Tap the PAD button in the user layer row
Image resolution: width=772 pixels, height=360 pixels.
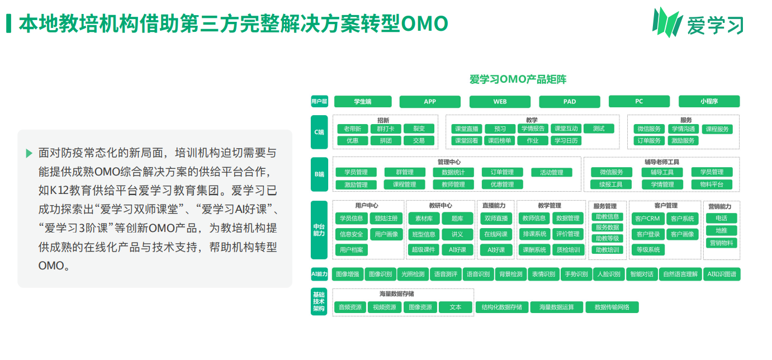[569, 102]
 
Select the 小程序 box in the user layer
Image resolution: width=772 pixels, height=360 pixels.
[708, 102]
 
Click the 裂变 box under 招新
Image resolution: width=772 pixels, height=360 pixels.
[419, 129]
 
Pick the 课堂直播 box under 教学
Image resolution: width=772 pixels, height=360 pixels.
[466, 129]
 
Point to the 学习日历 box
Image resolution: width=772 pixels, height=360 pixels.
[566, 141]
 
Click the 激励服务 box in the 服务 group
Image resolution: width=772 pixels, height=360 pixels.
[683, 141]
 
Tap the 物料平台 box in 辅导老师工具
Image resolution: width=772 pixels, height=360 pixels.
[711, 184]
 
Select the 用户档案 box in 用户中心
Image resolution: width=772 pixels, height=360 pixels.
[351, 250]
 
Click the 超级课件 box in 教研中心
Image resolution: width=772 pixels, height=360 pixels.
[423, 250]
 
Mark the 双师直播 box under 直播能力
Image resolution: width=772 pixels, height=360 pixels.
[496, 219]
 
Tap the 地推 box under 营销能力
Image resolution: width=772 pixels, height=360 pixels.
[721, 230]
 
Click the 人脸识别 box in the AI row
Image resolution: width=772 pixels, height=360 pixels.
[609, 274]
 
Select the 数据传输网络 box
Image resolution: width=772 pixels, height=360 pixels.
[612, 307]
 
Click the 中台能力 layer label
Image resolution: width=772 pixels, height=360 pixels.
[319, 230]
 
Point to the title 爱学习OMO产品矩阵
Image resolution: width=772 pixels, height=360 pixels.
[518, 80]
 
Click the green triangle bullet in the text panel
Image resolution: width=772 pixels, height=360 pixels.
[29, 153]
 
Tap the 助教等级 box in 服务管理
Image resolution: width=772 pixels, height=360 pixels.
[607, 239]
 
